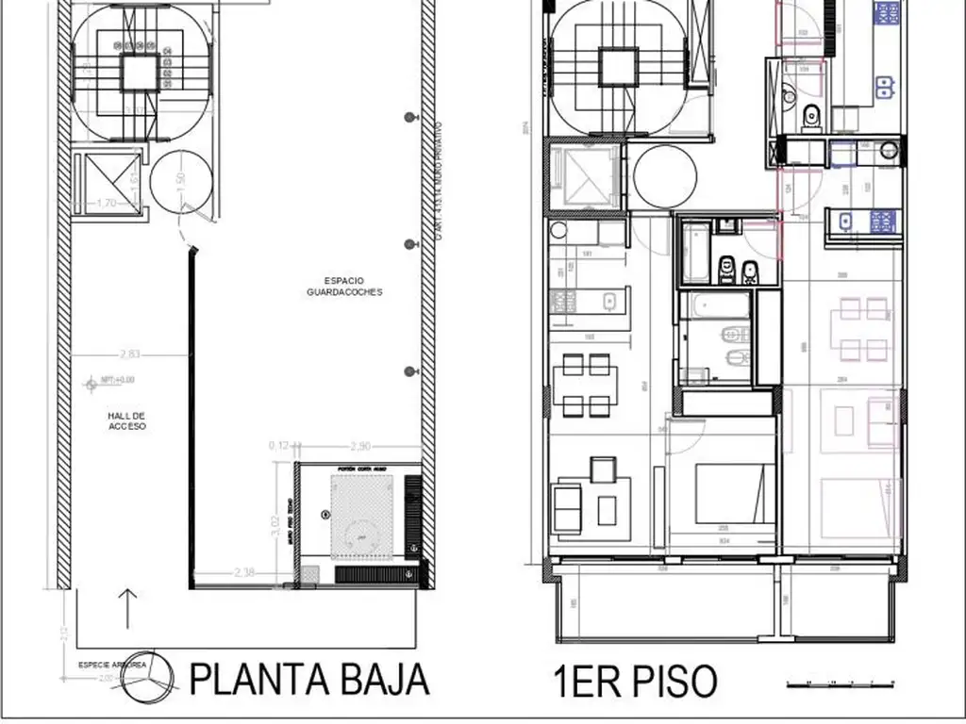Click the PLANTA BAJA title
(309, 679)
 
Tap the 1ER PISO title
(636, 681)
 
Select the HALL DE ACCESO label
(126, 420)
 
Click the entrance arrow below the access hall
(129, 608)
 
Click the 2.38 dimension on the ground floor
(242, 571)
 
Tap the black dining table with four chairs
(585, 386)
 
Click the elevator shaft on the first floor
(582, 178)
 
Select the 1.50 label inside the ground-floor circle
(179, 182)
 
